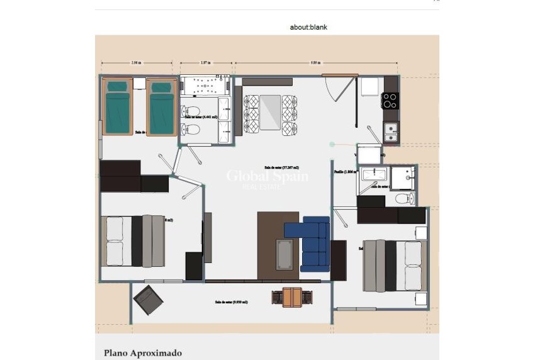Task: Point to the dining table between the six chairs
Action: click(270, 111)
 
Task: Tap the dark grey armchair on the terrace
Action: click(149, 300)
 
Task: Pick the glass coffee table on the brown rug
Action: click(284, 254)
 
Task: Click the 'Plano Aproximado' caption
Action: click(142, 353)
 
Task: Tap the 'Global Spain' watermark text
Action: click(267, 176)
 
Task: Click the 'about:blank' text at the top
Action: click(308, 27)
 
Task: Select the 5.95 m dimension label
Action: click(315, 63)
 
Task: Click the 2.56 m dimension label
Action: click(135, 63)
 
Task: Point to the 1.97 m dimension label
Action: click(205, 63)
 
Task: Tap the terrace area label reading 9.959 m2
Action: click(231, 302)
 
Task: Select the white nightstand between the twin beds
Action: click(140, 84)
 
